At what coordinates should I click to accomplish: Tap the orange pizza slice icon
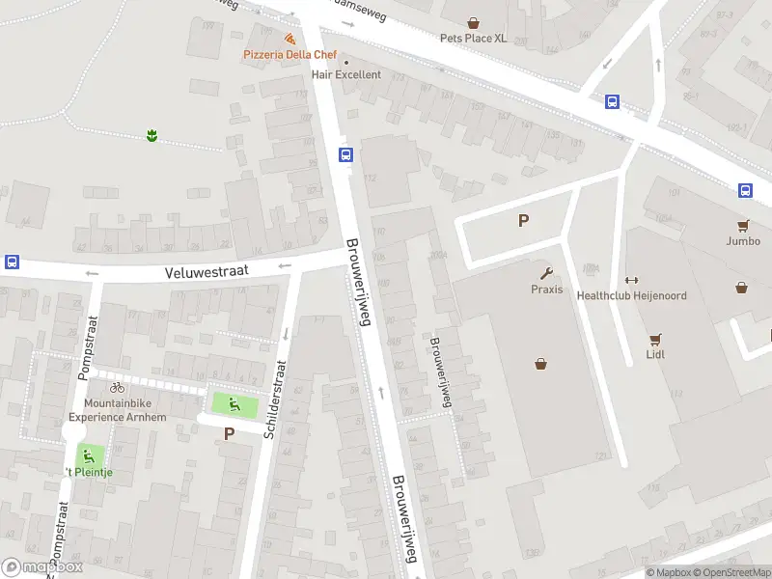click(290, 39)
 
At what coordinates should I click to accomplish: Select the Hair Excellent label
click(345, 74)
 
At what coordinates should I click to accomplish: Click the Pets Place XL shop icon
click(473, 22)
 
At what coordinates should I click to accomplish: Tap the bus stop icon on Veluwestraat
click(13, 262)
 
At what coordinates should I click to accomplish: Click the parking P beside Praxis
click(523, 220)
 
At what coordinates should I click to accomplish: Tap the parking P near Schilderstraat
click(229, 433)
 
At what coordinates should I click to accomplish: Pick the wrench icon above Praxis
click(546, 273)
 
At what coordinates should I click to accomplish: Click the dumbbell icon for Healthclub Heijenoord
click(632, 279)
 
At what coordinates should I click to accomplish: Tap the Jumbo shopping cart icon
click(743, 225)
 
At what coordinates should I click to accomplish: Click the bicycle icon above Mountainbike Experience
click(117, 387)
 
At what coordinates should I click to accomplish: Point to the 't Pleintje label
click(88, 472)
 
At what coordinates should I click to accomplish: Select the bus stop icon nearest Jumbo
click(745, 190)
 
